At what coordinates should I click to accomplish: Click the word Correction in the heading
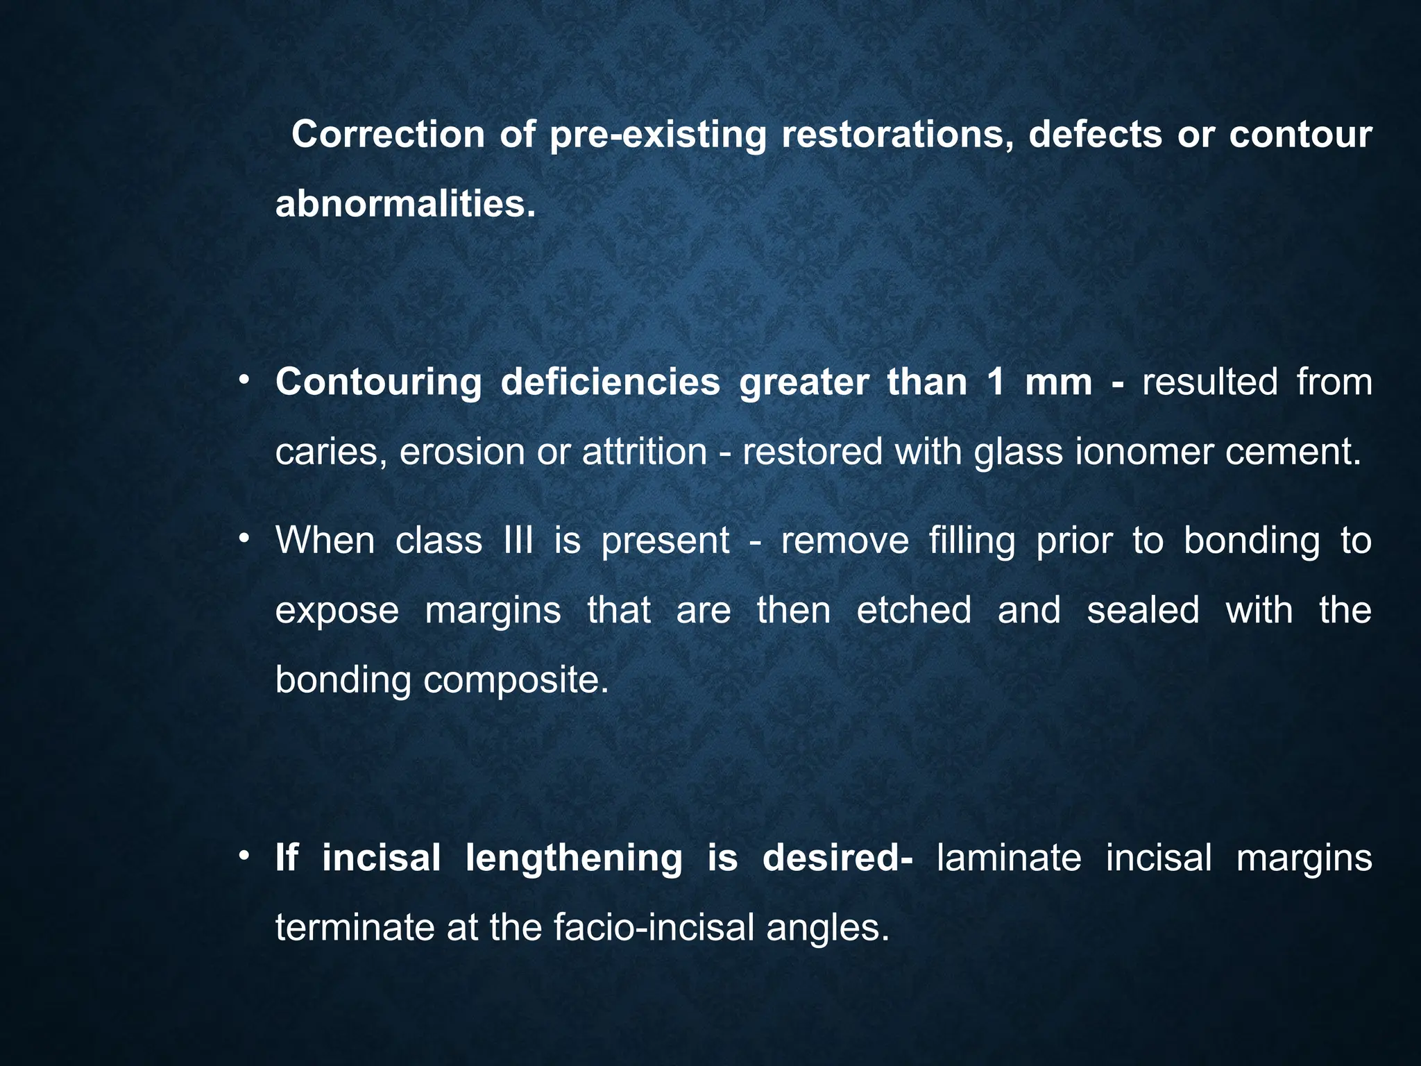[x=387, y=134]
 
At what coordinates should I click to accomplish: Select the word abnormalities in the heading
[x=405, y=203]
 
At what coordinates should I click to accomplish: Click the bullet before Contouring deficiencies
[x=243, y=380]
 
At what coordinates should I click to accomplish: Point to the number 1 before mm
[x=996, y=382]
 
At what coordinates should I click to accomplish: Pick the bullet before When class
[x=243, y=539]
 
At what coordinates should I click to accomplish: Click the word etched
[x=914, y=610]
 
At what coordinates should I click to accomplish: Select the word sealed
[x=1143, y=610]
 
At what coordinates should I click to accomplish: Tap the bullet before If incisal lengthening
[x=243, y=856]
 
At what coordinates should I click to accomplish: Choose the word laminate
[x=1008, y=858]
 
